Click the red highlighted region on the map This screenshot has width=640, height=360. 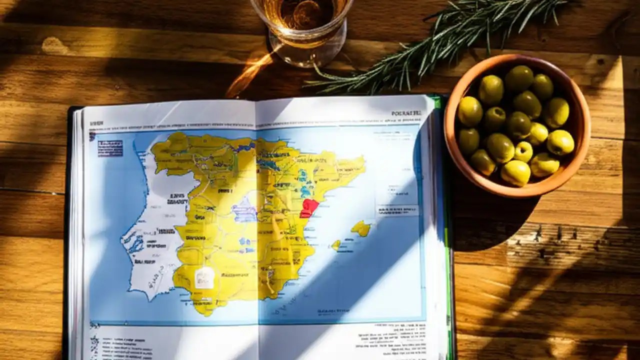tap(308, 207)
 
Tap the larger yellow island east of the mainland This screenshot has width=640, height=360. tap(361, 228)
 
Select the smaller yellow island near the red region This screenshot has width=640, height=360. tap(335, 244)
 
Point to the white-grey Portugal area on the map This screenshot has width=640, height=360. tap(150, 240)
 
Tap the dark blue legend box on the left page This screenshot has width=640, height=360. tap(110, 148)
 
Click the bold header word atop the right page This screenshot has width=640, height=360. tap(406, 113)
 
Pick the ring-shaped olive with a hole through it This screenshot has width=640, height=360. tap(523, 151)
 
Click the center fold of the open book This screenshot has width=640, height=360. tap(256, 225)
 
